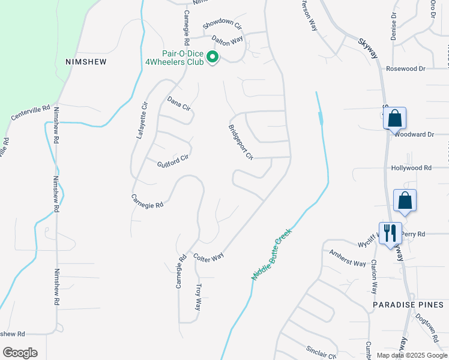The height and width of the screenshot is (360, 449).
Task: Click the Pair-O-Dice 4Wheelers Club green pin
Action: tap(212, 57)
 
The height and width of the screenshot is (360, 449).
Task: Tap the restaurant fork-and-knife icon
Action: tap(390, 232)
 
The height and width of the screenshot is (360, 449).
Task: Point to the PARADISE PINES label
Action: tap(408, 305)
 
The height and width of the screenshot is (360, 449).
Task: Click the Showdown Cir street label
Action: tap(221, 25)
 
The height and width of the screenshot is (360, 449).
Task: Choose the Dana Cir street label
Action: tap(178, 103)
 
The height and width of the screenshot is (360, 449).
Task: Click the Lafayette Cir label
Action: tap(142, 121)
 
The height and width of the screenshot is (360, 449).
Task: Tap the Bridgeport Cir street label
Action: tap(241, 142)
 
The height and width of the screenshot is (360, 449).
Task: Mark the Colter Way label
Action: tap(209, 256)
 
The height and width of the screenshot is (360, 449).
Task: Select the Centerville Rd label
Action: tap(30, 112)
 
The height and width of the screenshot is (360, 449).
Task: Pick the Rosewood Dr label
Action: tap(405, 69)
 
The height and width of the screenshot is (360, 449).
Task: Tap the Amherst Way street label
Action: tap(348, 259)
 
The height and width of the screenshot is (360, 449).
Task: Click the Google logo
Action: tap(20, 353)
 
